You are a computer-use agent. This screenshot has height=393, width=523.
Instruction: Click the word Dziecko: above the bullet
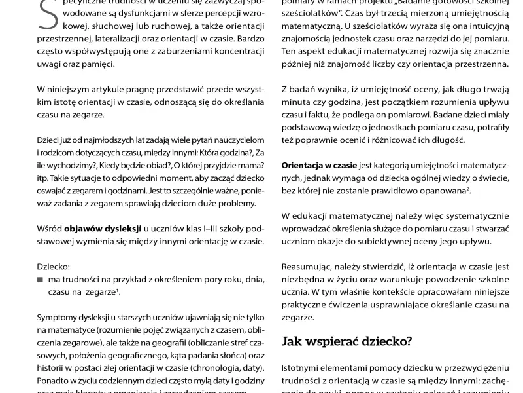[x=53, y=267]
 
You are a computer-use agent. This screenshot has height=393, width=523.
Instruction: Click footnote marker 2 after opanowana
[x=468, y=188]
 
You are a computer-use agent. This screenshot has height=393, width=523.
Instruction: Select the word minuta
[x=297, y=102]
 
